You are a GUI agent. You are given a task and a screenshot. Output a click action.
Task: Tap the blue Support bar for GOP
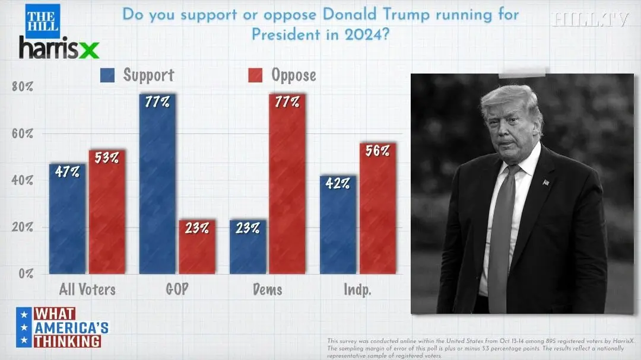coord(158,184)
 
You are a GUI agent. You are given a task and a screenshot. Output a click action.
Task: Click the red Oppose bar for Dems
coord(287,184)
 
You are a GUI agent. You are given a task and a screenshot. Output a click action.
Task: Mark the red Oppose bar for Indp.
coord(377,208)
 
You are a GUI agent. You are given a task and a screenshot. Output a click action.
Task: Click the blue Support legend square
coord(108,75)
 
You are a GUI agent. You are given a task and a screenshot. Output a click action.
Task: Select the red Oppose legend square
coord(255,75)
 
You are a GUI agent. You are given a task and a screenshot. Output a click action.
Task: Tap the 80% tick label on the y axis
coord(23,87)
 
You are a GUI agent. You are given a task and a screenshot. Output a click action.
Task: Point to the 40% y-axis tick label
coord(23,180)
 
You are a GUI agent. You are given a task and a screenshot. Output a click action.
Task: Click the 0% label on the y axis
coord(25,274)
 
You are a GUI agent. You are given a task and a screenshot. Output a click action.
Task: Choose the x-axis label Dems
coord(268,290)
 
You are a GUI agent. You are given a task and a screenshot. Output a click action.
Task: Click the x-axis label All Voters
coord(87,290)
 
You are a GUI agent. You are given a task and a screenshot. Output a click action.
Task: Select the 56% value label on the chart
coord(377,151)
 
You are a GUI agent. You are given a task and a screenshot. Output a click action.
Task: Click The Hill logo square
coord(42,21)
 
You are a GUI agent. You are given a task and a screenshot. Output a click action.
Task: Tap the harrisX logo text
coord(59,47)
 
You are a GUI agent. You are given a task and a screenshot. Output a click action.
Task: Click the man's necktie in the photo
coord(500,237)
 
